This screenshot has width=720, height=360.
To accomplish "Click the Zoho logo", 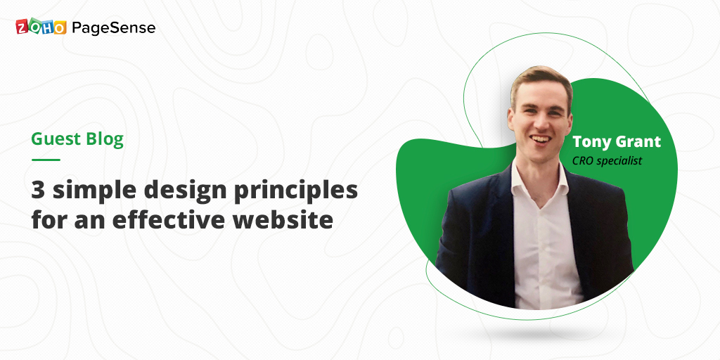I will point(41,27).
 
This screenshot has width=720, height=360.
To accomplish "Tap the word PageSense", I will point(113,28).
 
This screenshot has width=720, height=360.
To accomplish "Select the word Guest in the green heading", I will point(54,139).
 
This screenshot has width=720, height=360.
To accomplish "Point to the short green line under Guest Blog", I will point(46,160).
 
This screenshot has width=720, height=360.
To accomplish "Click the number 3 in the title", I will point(37,190).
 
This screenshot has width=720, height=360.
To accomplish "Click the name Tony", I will point(593,141).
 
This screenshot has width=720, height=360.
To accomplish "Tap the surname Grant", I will point(638,141).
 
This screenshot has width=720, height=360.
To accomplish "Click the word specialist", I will point(621,161).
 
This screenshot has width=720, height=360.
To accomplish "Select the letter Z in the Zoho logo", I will point(22,27).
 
